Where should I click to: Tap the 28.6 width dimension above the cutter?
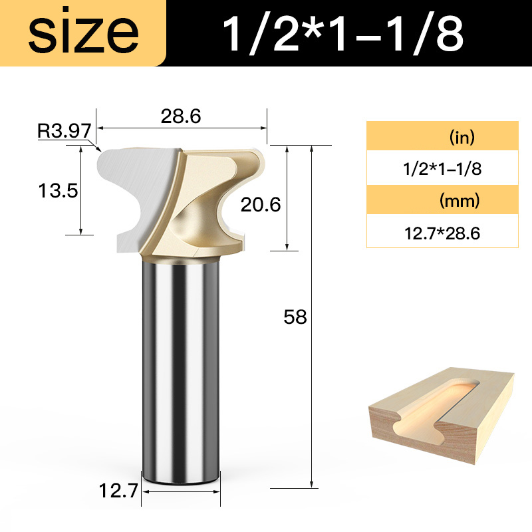(x=181, y=116)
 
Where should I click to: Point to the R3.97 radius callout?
(x=63, y=131)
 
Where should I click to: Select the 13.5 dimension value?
(x=58, y=192)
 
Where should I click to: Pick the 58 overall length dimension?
(x=295, y=317)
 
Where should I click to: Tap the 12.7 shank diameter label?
(x=118, y=493)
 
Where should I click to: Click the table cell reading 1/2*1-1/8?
(x=442, y=169)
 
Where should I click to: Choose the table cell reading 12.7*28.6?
(x=442, y=233)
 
